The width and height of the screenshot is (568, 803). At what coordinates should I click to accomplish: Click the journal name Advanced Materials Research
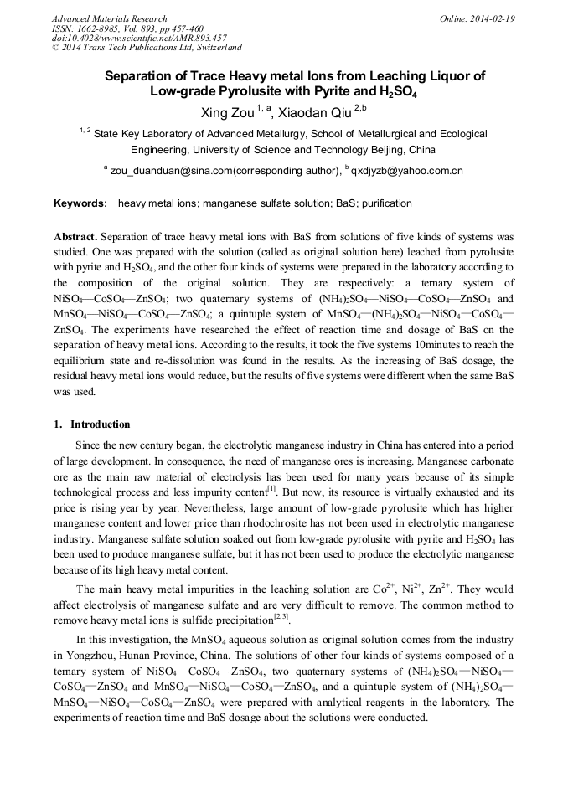click(109, 18)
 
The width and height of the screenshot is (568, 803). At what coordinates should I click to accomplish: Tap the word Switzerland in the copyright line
click(214, 48)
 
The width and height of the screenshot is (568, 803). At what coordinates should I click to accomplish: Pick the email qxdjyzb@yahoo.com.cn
click(407, 172)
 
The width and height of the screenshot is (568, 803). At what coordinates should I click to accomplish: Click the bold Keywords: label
click(80, 203)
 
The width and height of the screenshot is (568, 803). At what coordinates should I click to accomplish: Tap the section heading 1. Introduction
click(91, 425)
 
